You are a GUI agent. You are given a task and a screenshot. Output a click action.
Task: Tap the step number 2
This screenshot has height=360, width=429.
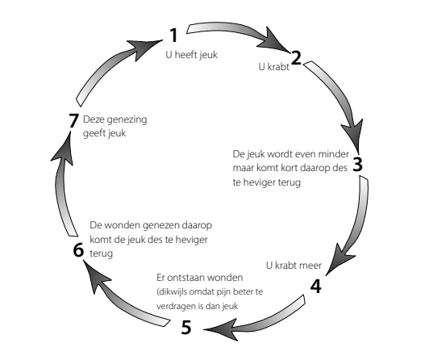pos(296,57)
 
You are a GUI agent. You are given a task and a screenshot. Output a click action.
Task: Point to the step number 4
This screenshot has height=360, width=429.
pos(316,285)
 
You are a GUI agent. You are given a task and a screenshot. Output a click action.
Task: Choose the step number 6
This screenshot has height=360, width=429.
pos(77,250)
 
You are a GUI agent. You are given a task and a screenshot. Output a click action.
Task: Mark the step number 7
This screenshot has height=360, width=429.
pos(73,121)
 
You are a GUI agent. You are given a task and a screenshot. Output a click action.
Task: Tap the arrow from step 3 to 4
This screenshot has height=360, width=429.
pos(359,218)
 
